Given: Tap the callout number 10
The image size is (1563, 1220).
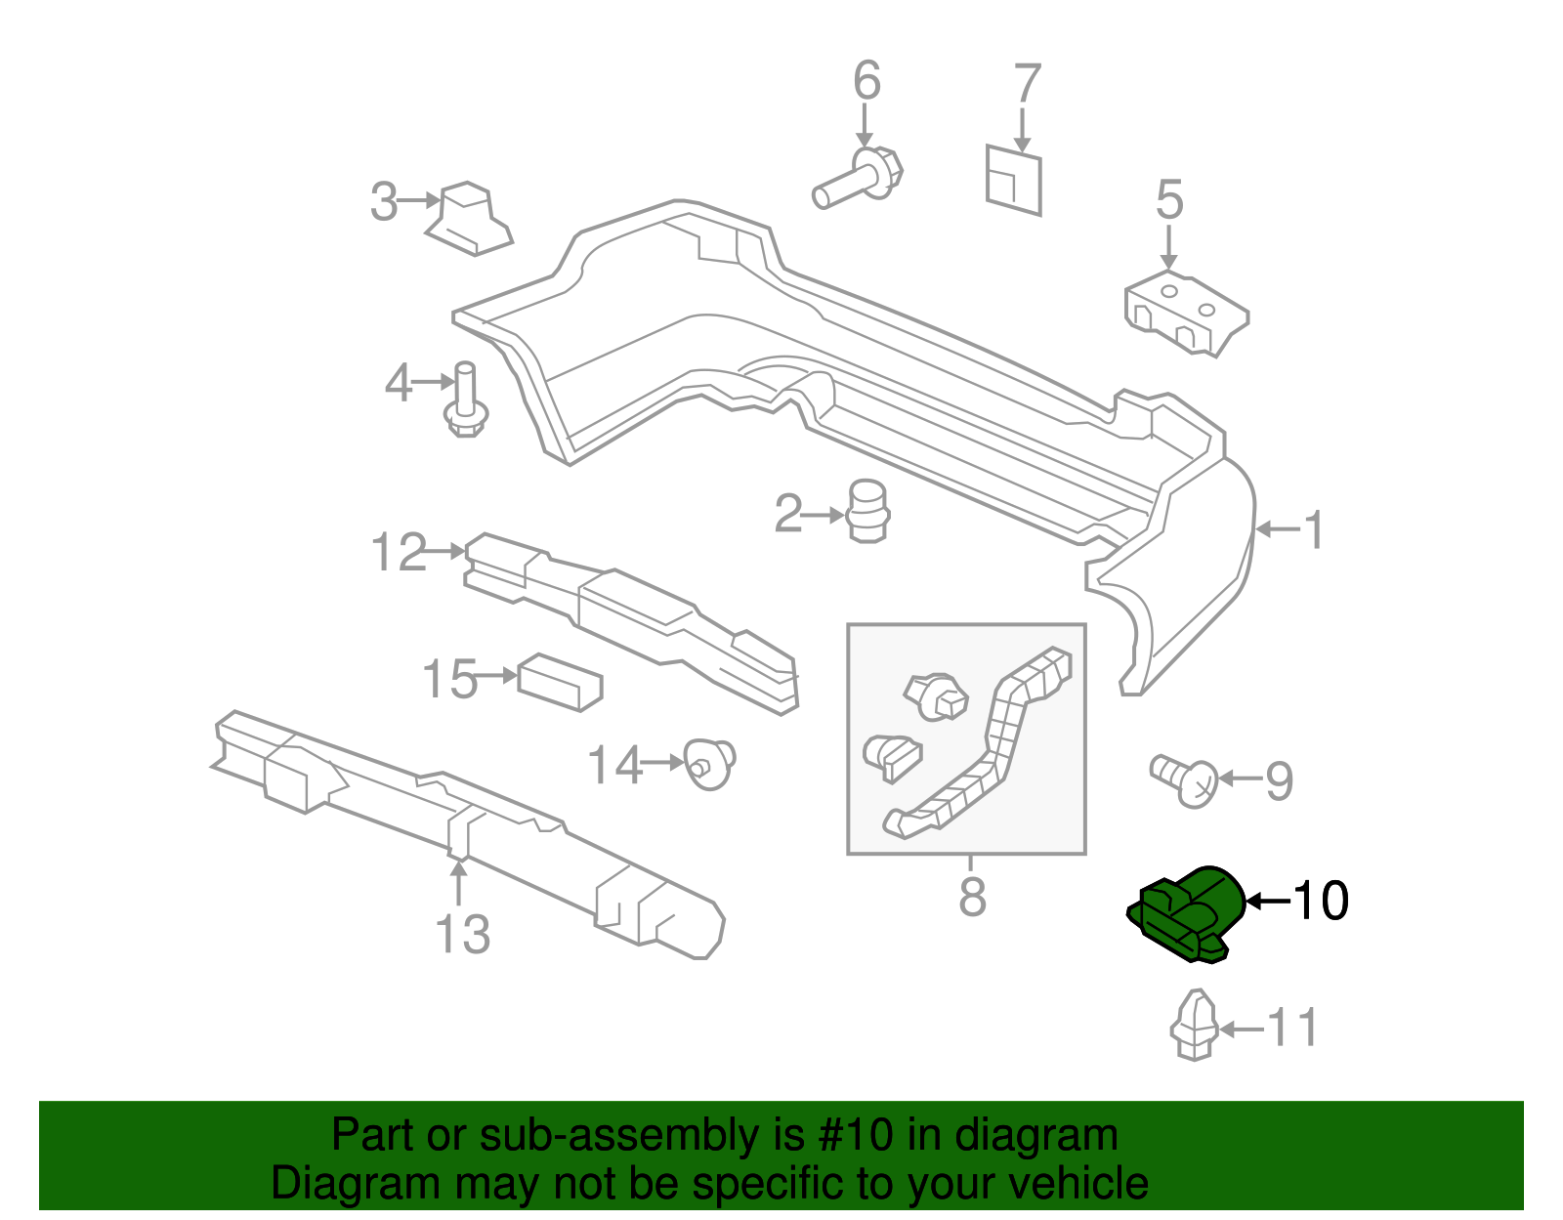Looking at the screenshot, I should coord(1321,901).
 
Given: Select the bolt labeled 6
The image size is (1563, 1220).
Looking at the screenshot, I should coord(860,180).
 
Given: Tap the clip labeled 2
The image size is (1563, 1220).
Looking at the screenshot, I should coord(866,510).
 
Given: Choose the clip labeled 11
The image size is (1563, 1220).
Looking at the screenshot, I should coord(1194,1026).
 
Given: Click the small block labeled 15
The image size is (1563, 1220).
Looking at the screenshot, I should coord(559,679).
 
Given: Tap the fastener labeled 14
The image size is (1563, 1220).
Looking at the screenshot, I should coord(710,764).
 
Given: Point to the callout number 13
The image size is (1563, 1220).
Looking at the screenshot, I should coord(462,935).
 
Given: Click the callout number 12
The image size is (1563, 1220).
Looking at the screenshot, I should coord(399,553).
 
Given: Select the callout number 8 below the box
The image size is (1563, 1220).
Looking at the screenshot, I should coord(972,896).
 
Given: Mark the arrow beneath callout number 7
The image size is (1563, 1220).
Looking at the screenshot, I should coord(1023,129).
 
